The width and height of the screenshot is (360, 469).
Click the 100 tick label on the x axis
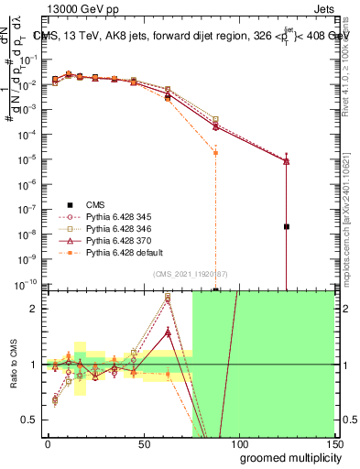click(237, 444)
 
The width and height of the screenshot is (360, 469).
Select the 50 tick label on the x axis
click(143, 444)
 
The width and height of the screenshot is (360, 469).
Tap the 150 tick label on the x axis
click(333, 444)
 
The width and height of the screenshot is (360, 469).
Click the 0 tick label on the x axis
click(48, 444)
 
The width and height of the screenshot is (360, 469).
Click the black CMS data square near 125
click(287, 226)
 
